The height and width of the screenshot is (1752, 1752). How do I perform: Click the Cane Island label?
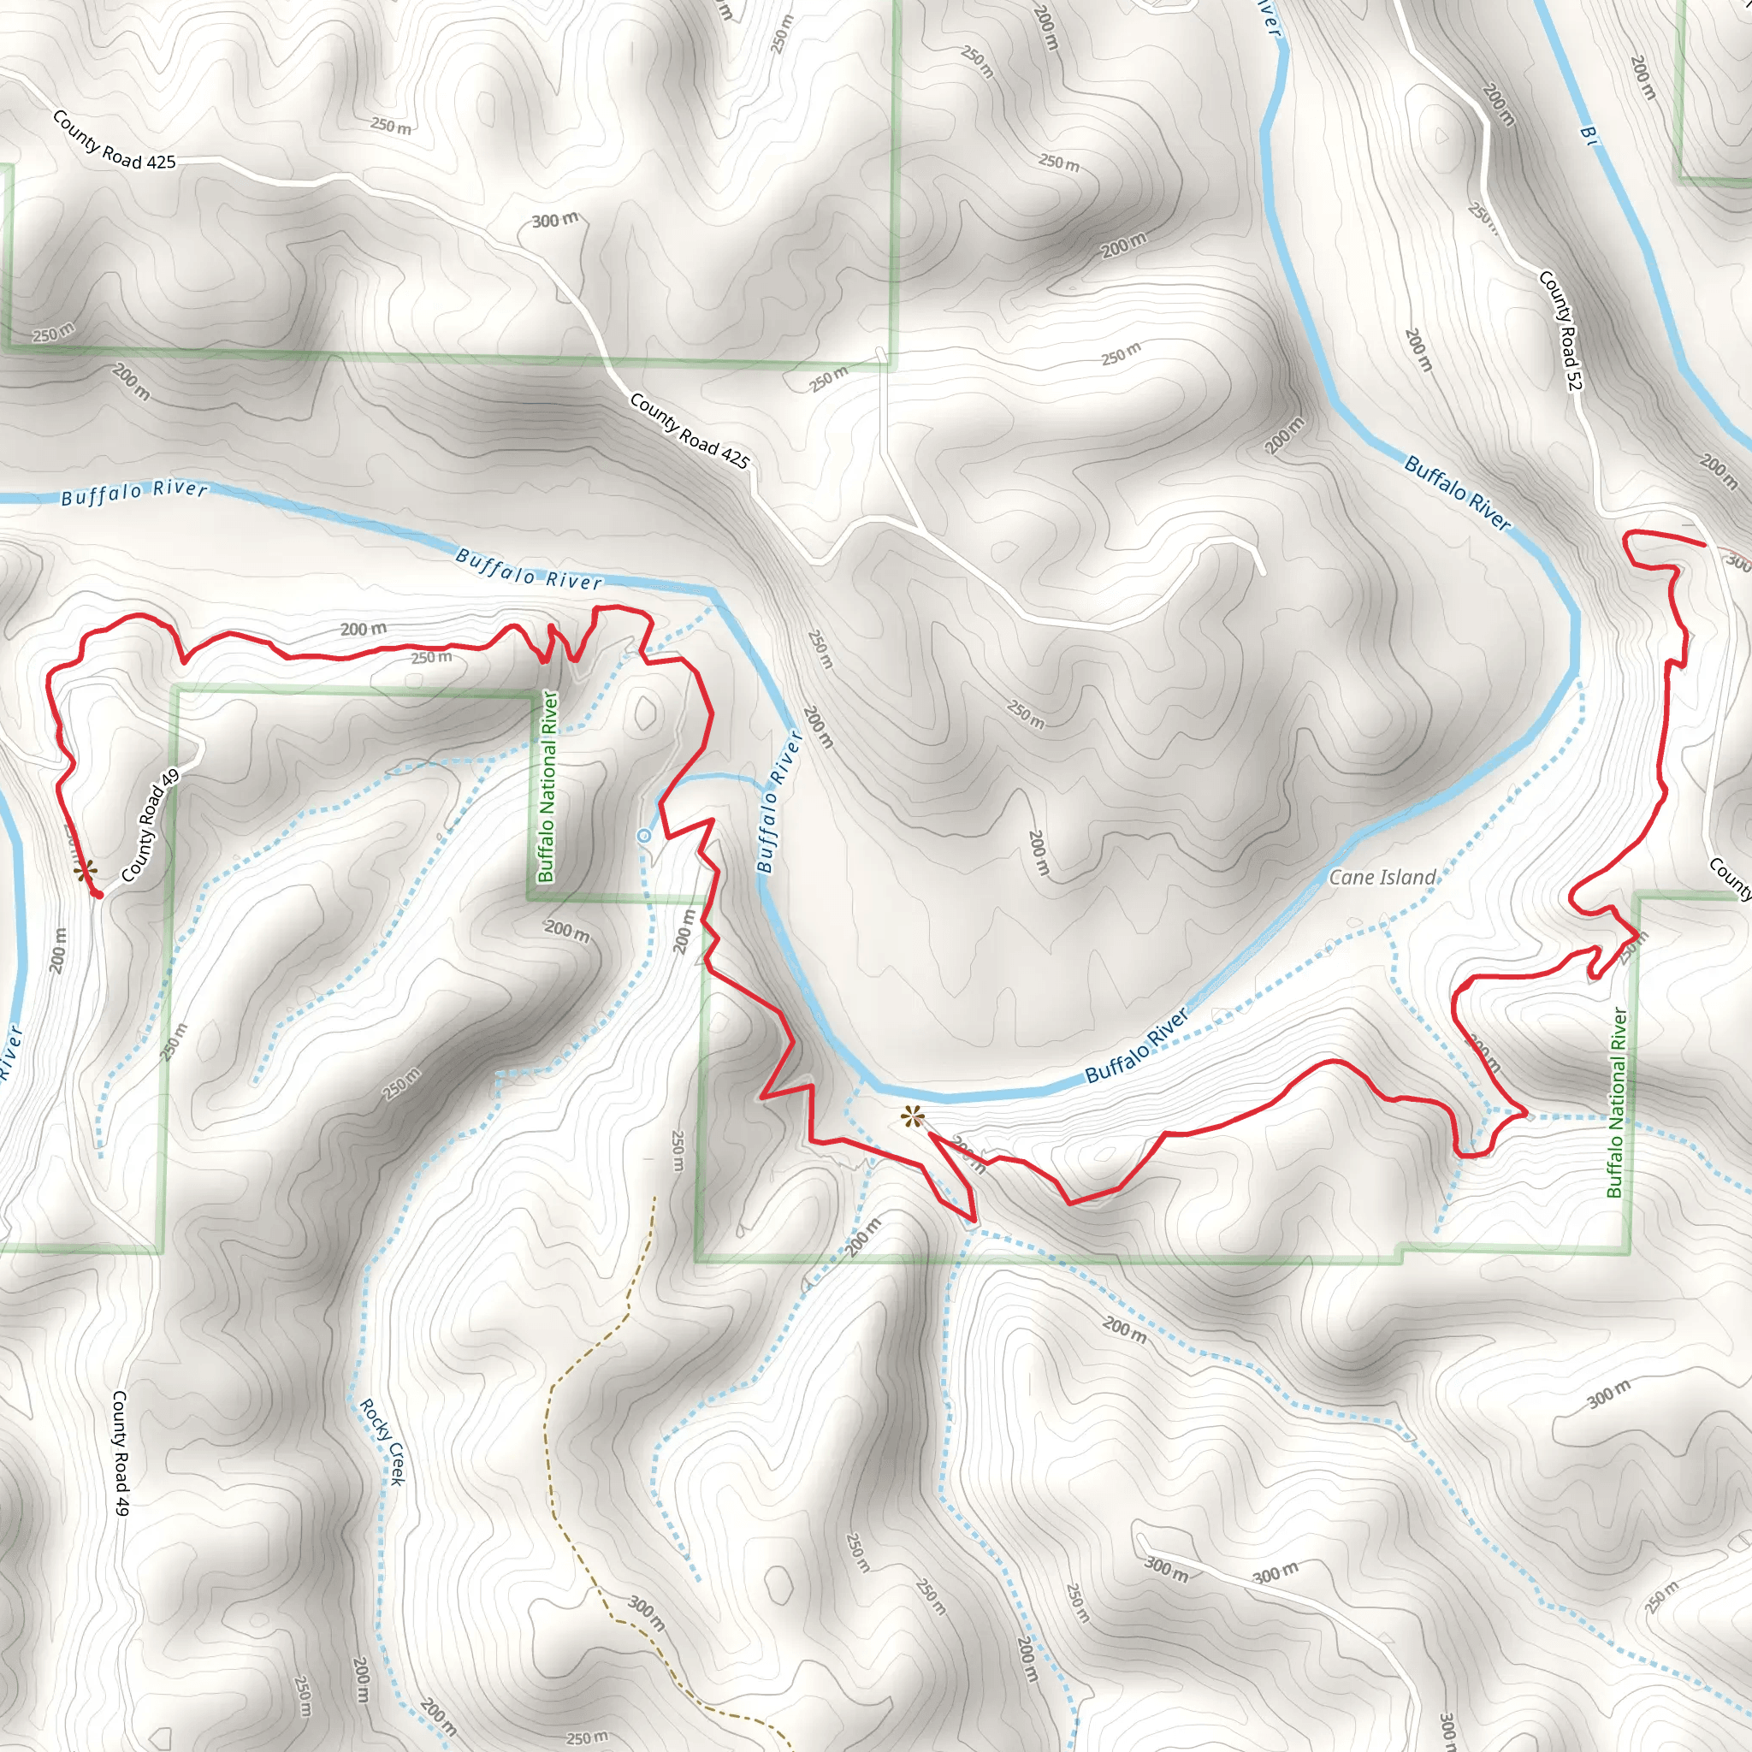(1382, 877)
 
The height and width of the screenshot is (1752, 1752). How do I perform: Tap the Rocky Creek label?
(382, 1441)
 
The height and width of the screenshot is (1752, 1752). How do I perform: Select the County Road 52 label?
(1560, 332)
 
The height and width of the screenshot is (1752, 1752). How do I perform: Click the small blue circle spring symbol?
(644, 835)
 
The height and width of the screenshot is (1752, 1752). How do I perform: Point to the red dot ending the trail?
(97, 895)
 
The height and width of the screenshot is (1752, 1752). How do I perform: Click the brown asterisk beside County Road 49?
(85, 873)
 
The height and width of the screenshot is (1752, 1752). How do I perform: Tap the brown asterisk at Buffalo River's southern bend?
(912, 1117)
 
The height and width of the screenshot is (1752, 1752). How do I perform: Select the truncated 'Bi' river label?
(1589, 135)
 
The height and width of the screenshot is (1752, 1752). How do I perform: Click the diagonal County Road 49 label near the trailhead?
(151, 826)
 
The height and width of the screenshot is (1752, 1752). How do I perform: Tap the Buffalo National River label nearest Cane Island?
(1616, 1103)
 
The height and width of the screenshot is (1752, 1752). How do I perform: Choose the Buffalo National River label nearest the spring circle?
(547, 786)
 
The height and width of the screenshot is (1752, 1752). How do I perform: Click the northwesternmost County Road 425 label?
(115, 139)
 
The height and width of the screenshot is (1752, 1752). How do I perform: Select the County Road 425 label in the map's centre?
(690, 431)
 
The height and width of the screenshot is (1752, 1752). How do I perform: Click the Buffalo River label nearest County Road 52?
(1457, 493)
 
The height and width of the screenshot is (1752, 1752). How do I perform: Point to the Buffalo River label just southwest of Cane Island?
(1136, 1045)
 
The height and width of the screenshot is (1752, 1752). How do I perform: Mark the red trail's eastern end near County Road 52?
(1703, 544)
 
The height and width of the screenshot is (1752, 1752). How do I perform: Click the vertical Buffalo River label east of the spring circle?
(779, 802)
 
